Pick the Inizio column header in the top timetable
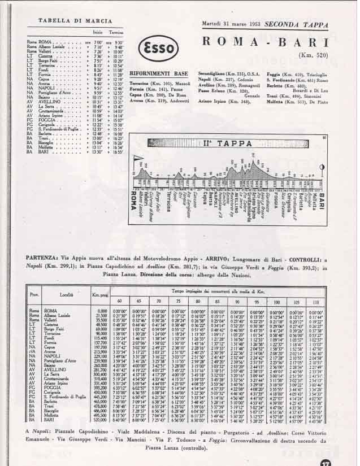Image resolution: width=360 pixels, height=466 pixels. click(97, 32)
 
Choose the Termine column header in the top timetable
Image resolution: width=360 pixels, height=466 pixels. click(116, 32)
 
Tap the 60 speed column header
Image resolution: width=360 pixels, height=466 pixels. click(119, 300)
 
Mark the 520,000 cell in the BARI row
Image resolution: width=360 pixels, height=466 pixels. click(102, 421)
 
